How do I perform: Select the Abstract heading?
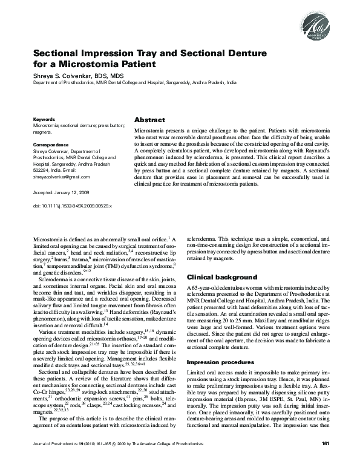coord(149,120)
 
